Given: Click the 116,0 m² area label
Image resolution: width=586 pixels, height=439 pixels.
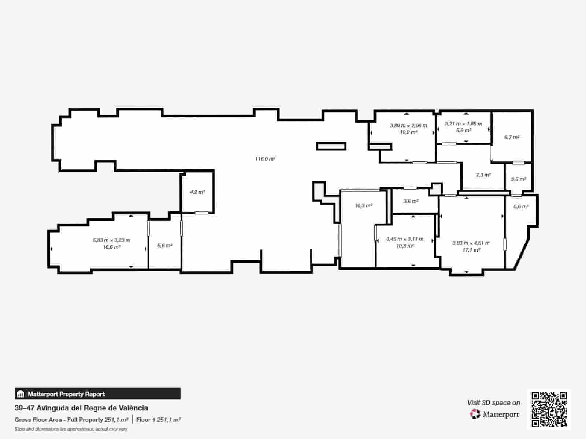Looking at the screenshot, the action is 265,159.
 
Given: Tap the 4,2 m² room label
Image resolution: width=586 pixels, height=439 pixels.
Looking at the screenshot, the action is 197,192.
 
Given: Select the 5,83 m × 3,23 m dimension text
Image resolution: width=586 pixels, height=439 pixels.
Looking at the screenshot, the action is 111,240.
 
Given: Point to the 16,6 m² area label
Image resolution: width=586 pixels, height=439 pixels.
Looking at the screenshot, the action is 112,247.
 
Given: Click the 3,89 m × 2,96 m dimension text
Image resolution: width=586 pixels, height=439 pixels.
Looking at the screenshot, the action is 408,125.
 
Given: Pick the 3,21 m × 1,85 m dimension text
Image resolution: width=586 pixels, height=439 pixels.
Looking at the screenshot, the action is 463,124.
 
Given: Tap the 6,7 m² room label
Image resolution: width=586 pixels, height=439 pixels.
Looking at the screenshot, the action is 512,137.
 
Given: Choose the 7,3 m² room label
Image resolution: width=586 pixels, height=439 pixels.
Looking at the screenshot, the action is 483,175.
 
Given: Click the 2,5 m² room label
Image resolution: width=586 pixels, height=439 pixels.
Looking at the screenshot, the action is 519,179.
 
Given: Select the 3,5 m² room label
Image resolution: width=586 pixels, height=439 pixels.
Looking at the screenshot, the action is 411,201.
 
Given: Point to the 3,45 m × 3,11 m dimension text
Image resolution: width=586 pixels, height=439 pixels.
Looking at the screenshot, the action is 405,239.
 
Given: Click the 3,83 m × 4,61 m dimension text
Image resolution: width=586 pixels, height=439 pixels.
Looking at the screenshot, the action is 471,243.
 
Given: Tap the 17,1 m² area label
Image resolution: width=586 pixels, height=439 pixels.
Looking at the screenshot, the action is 471,250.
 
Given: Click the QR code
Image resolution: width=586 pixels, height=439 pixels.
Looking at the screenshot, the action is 549,409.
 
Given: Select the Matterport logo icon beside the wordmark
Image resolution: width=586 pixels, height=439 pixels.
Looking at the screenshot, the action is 475,414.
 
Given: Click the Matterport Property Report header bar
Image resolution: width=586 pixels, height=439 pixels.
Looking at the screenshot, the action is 97,394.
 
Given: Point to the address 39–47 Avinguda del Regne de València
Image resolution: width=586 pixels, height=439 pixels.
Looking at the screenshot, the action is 81,408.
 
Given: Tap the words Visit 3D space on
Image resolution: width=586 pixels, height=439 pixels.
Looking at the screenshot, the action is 493,402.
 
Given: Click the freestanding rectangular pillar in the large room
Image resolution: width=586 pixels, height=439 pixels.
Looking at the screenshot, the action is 331,146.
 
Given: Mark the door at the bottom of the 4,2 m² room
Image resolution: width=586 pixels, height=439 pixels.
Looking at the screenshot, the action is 201,213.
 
